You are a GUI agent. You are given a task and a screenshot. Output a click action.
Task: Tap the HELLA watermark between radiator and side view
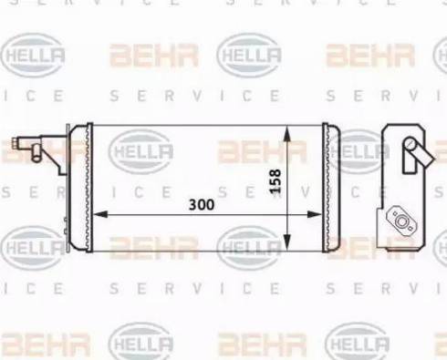[359, 150]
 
